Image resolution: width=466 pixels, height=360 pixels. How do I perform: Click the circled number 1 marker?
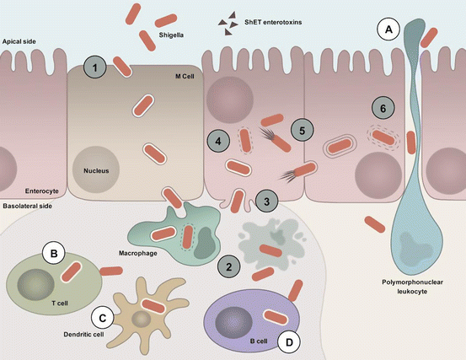click(x=97, y=67)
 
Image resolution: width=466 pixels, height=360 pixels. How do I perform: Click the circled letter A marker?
click(x=388, y=30)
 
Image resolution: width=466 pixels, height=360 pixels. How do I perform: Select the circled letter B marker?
click(x=54, y=252)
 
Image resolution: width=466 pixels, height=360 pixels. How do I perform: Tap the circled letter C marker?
click(x=102, y=319)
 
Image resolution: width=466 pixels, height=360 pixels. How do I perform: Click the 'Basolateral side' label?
click(x=30, y=205)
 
